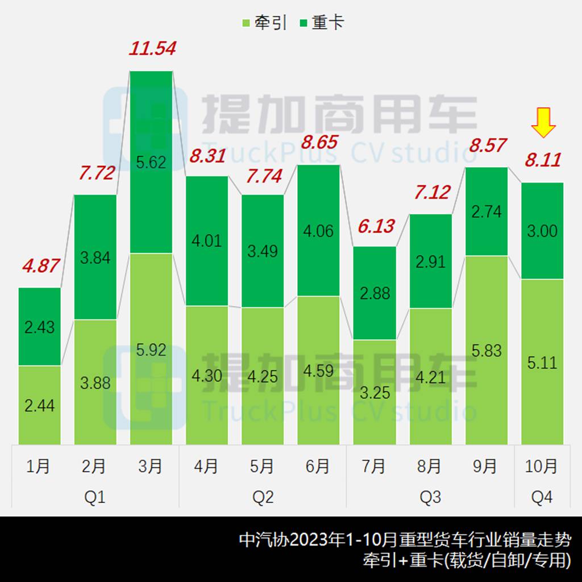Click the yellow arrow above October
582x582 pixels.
[543, 123]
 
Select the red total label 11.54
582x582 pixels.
[152, 48]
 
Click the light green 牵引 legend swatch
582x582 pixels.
[246, 23]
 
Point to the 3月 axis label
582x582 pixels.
[151, 467]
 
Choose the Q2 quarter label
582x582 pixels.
[263, 497]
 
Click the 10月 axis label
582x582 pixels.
[542, 467]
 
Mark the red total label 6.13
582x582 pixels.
[376, 226]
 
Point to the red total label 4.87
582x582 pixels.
[40, 266]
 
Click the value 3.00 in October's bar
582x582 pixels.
[542, 232]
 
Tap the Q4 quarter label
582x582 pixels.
[542, 497]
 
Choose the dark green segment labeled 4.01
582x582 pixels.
[207, 241]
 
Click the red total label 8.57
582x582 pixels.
[487, 145]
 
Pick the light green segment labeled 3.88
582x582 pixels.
[95, 382]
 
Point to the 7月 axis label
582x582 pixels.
[374, 467]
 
